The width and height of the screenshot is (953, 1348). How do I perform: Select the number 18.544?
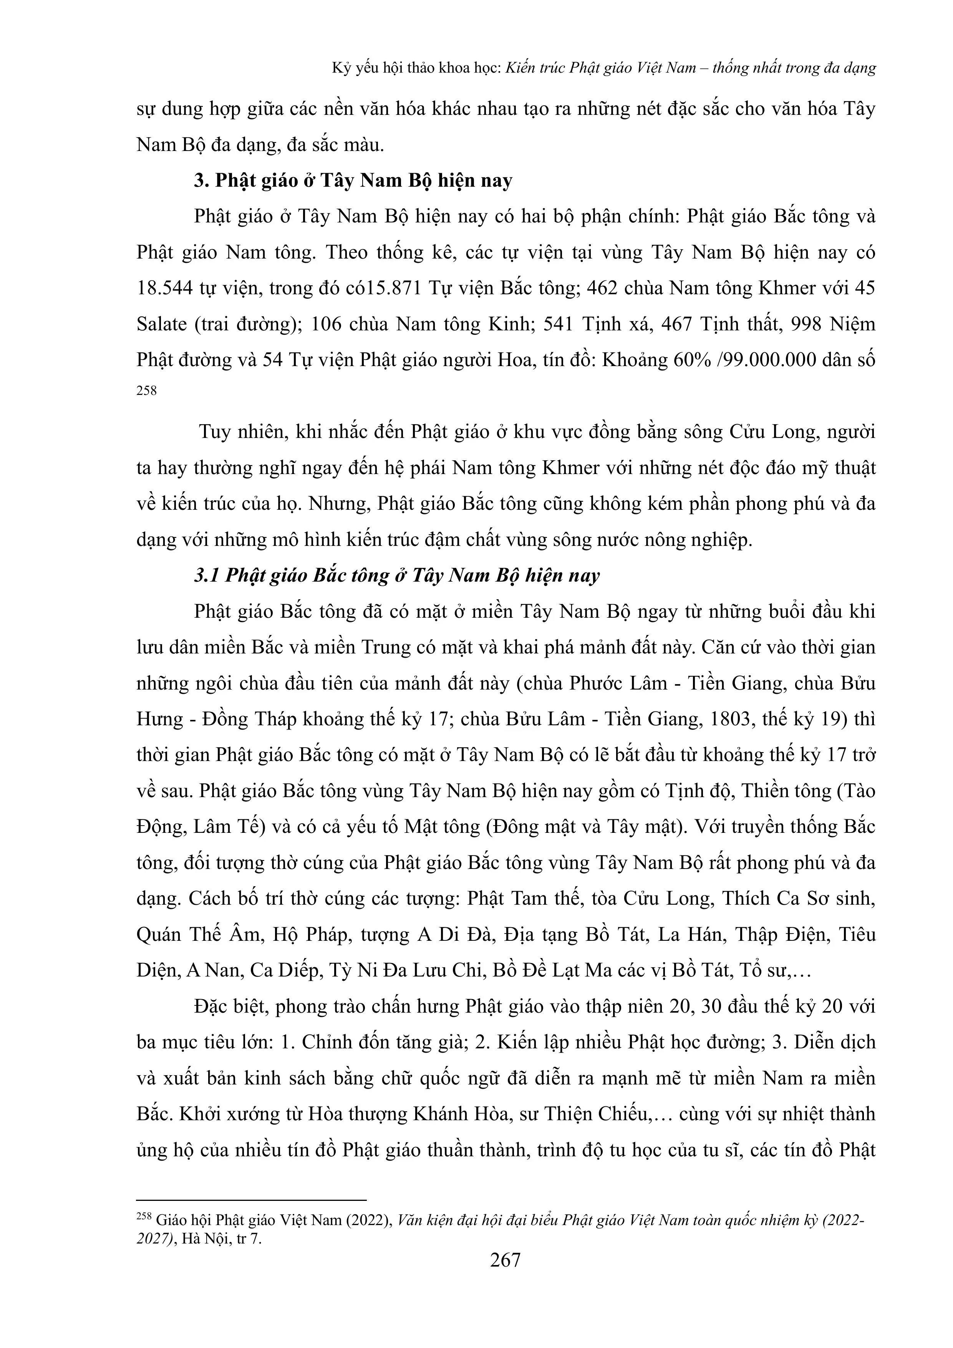[164, 288]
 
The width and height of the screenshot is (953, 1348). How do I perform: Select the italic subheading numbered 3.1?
[397, 575]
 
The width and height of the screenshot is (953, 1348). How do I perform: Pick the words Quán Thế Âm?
[199, 935]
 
